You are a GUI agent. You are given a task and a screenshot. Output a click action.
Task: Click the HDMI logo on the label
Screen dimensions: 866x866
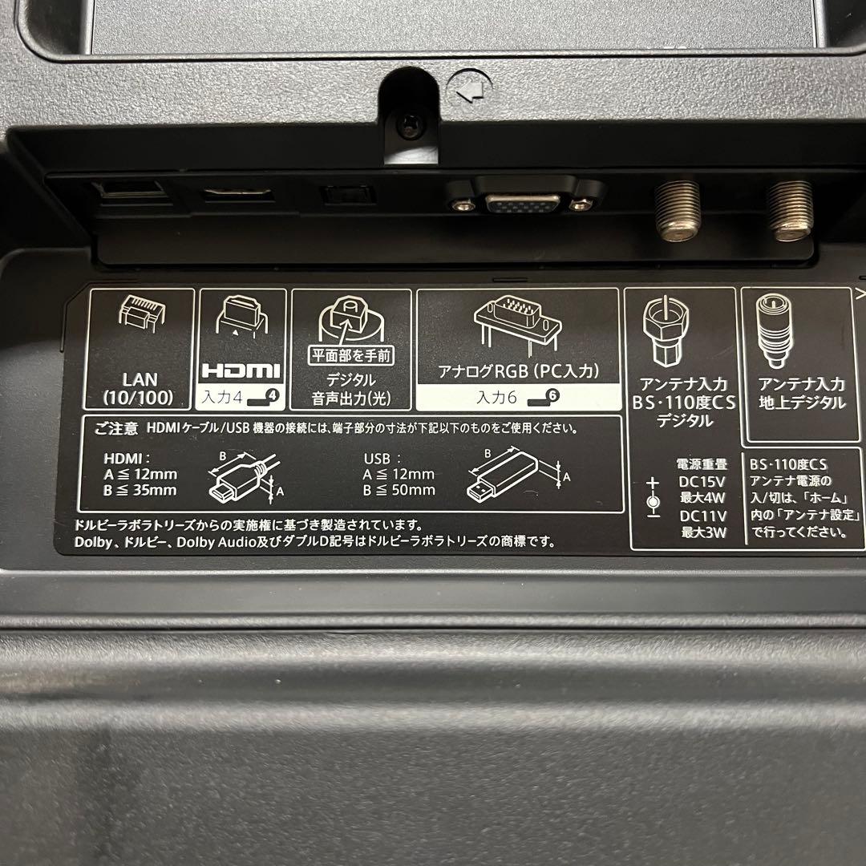[x=240, y=370]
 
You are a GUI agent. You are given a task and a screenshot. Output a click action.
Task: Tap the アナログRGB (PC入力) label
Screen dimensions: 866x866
[x=518, y=371]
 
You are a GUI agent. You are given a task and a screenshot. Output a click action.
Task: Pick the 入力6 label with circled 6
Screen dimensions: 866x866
[x=518, y=395]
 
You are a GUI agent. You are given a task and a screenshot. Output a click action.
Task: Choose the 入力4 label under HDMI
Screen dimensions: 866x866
[x=240, y=395]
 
